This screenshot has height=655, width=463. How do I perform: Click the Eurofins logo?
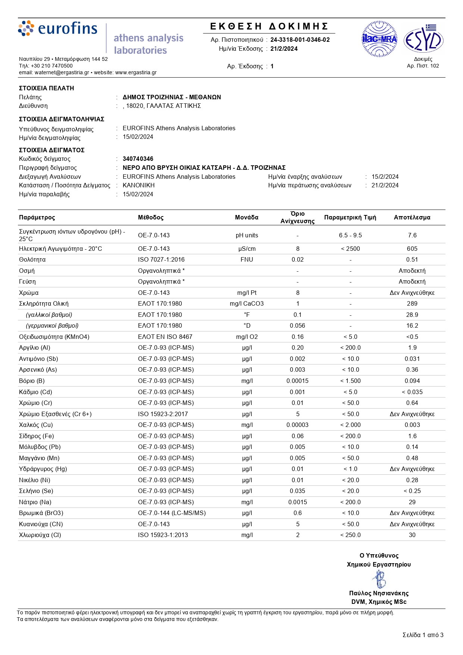58,29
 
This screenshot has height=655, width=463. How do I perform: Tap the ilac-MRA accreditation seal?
379,39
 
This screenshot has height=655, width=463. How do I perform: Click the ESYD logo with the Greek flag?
423,40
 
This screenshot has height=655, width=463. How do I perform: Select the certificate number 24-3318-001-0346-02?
300,40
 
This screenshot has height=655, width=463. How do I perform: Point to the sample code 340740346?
138,159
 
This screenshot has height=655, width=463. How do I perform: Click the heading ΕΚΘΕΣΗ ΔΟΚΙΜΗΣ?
269,26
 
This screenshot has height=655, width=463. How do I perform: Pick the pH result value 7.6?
412,236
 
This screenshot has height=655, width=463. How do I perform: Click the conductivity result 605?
412,249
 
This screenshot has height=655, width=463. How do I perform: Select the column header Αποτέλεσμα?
412,218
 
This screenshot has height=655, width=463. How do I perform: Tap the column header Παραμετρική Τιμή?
350,218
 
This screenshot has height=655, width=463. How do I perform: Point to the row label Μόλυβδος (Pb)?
40,447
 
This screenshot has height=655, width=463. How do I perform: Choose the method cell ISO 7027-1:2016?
161,260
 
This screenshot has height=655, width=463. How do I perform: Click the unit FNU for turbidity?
247,260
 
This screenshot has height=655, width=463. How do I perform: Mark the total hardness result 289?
412,304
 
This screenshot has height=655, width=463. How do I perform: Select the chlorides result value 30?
412,535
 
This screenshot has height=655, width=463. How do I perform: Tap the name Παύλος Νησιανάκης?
379,593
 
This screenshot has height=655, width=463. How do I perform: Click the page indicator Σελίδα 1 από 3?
423,635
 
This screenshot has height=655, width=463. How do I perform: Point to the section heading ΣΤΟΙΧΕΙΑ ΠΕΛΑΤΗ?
47,88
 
